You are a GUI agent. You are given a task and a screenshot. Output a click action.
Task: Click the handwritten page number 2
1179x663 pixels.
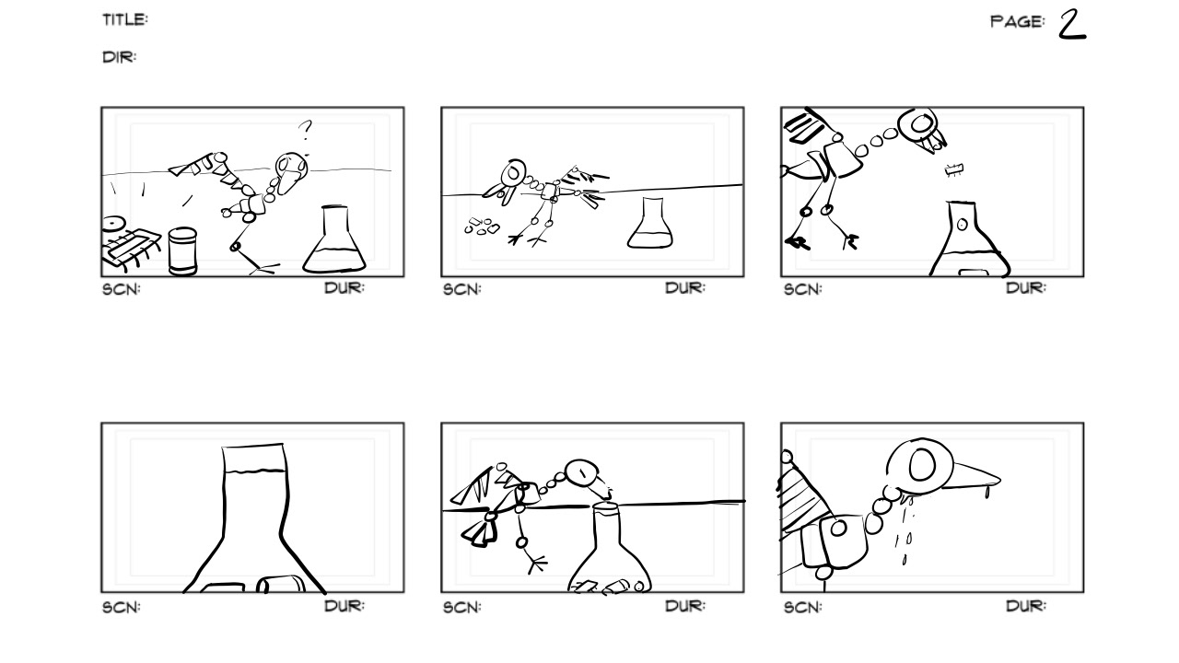tap(1072, 25)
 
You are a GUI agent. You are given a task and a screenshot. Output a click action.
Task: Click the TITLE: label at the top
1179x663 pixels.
tap(125, 20)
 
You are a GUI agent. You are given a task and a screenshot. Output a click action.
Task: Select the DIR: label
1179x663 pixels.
tap(120, 57)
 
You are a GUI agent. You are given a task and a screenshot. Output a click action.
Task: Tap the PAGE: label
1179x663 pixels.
tap(1017, 21)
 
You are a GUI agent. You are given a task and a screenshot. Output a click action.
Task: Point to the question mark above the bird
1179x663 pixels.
tap(305, 130)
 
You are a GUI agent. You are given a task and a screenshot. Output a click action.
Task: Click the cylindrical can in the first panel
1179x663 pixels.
tap(182, 251)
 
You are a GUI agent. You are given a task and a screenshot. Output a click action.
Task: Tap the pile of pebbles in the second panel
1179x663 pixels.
tap(482, 227)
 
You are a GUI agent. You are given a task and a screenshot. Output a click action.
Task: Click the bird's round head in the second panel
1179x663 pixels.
tap(513, 172)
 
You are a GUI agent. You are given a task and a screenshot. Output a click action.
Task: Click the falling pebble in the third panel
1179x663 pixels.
tap(954, 169)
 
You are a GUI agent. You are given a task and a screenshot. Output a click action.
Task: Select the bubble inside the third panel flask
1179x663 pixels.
tap(963, 225)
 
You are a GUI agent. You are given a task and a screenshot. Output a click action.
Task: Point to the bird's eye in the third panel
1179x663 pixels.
tap(920, 123)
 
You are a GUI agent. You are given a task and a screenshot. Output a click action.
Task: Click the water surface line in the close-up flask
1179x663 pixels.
tap(255, 471)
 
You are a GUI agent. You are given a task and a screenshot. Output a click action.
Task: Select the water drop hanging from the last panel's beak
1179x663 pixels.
tap(986, 492)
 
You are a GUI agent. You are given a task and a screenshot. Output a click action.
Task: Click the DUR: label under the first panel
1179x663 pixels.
tap(344, 288)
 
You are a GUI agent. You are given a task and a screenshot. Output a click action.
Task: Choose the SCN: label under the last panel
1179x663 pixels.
tap(802, 607)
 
